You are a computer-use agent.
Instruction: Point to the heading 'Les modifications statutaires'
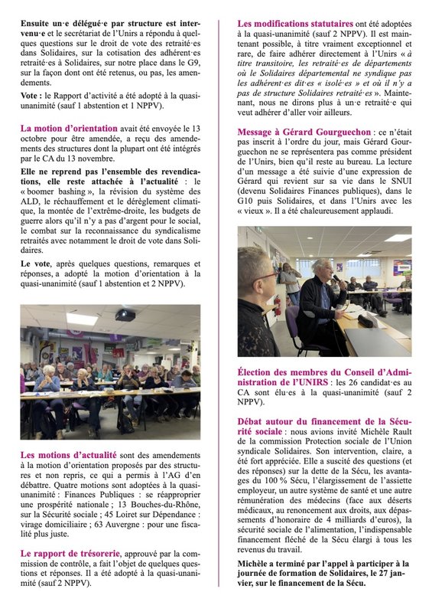295,25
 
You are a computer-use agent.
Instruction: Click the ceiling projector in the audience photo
125,314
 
